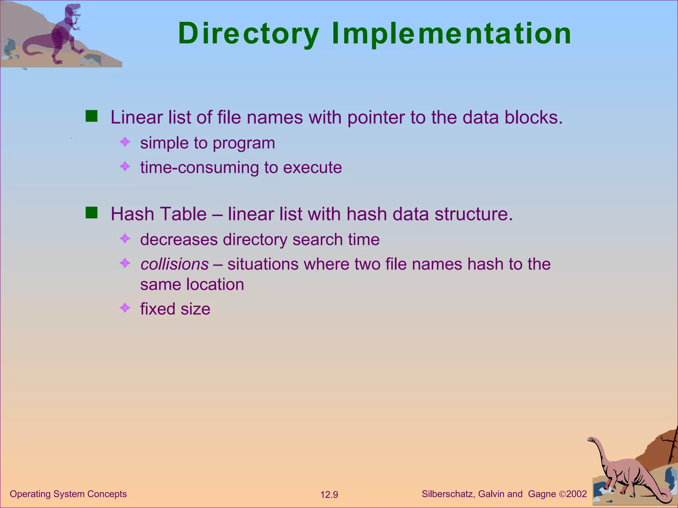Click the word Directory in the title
[249, 34]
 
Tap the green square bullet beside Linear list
[91, 116]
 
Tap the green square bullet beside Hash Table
[91, 213]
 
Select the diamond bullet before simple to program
[125, 142]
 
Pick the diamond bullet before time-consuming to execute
[125, 166]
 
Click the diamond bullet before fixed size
[125, 308]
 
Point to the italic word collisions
[174, 264]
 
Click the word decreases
[179, 239]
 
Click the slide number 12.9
[329, 495]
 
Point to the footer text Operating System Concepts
[68, 494]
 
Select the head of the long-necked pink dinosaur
[592, 440]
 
